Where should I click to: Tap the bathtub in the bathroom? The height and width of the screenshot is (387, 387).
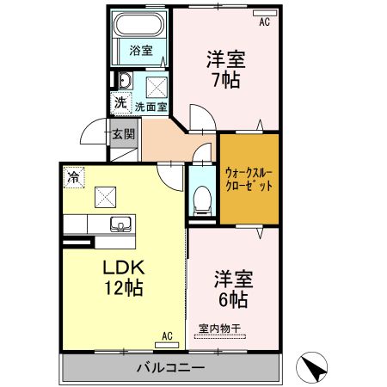click(x=140, y=26)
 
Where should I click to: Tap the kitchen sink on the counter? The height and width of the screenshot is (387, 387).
click(x=121, y=225)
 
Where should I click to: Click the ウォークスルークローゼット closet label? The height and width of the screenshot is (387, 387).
click(x=249, y=178)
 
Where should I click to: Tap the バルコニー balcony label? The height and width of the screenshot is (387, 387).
click(x=169, y=368)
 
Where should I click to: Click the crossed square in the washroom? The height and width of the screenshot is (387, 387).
click(x=157, y=86)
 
